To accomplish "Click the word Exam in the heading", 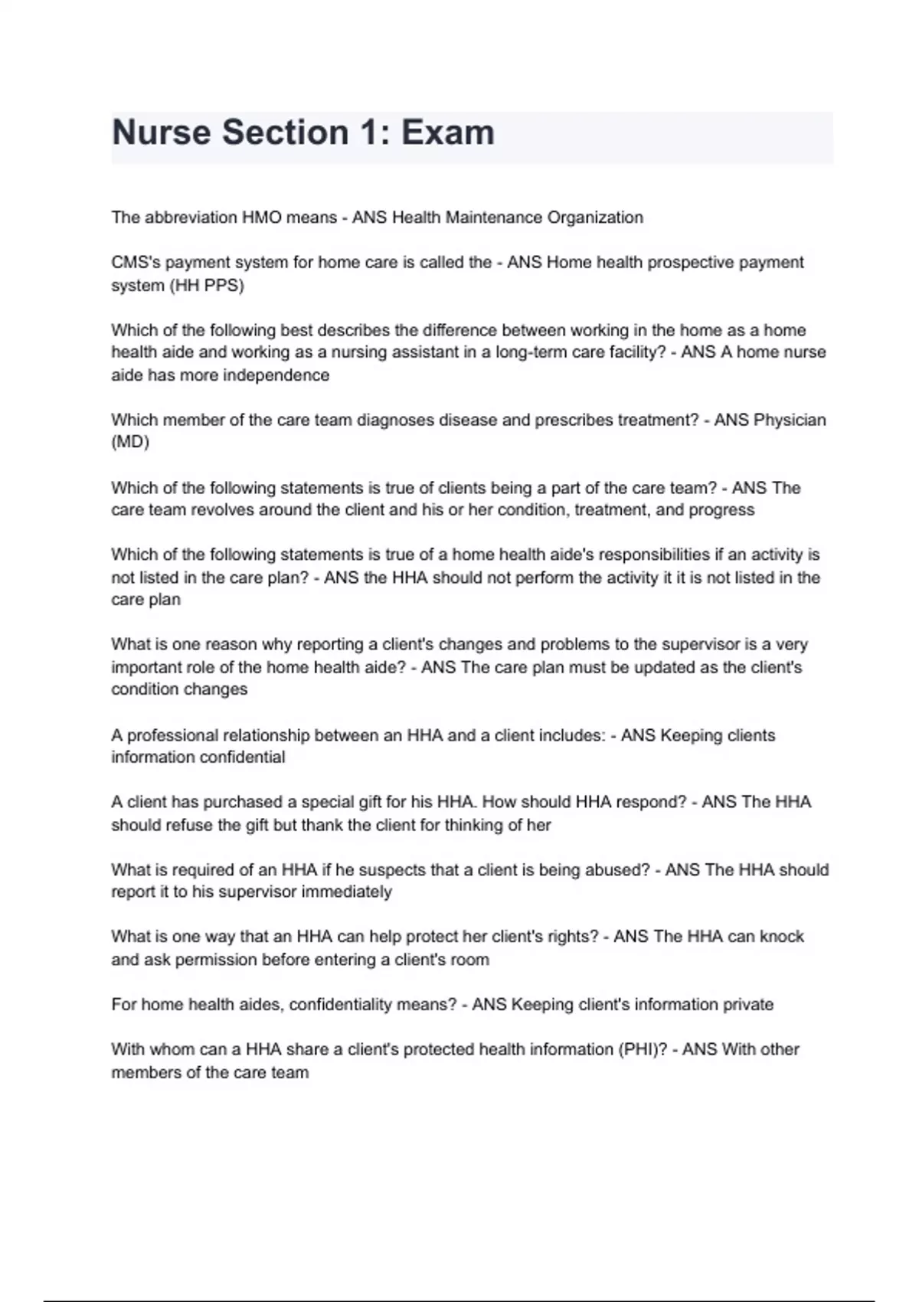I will [x=448, y=132].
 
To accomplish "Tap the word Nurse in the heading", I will [x=162, y=132].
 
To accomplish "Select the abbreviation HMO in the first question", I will [x=262, y=218].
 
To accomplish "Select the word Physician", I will [x=790, y=420].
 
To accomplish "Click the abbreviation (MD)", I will [x=130, y=442].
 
